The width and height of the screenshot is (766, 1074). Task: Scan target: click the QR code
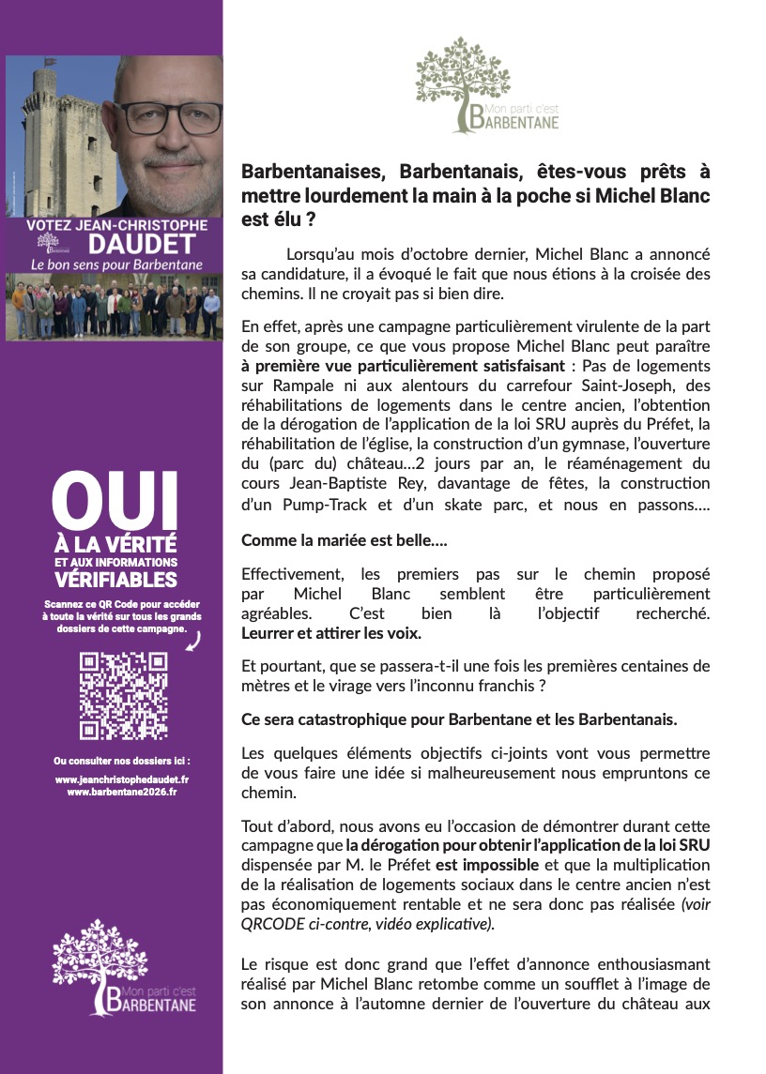pos(123,695)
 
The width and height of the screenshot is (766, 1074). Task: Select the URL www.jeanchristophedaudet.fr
pos(122,779)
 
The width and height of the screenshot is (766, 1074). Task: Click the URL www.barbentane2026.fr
pos(122,792)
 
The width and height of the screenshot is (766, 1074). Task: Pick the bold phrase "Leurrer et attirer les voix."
pos(331,633)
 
